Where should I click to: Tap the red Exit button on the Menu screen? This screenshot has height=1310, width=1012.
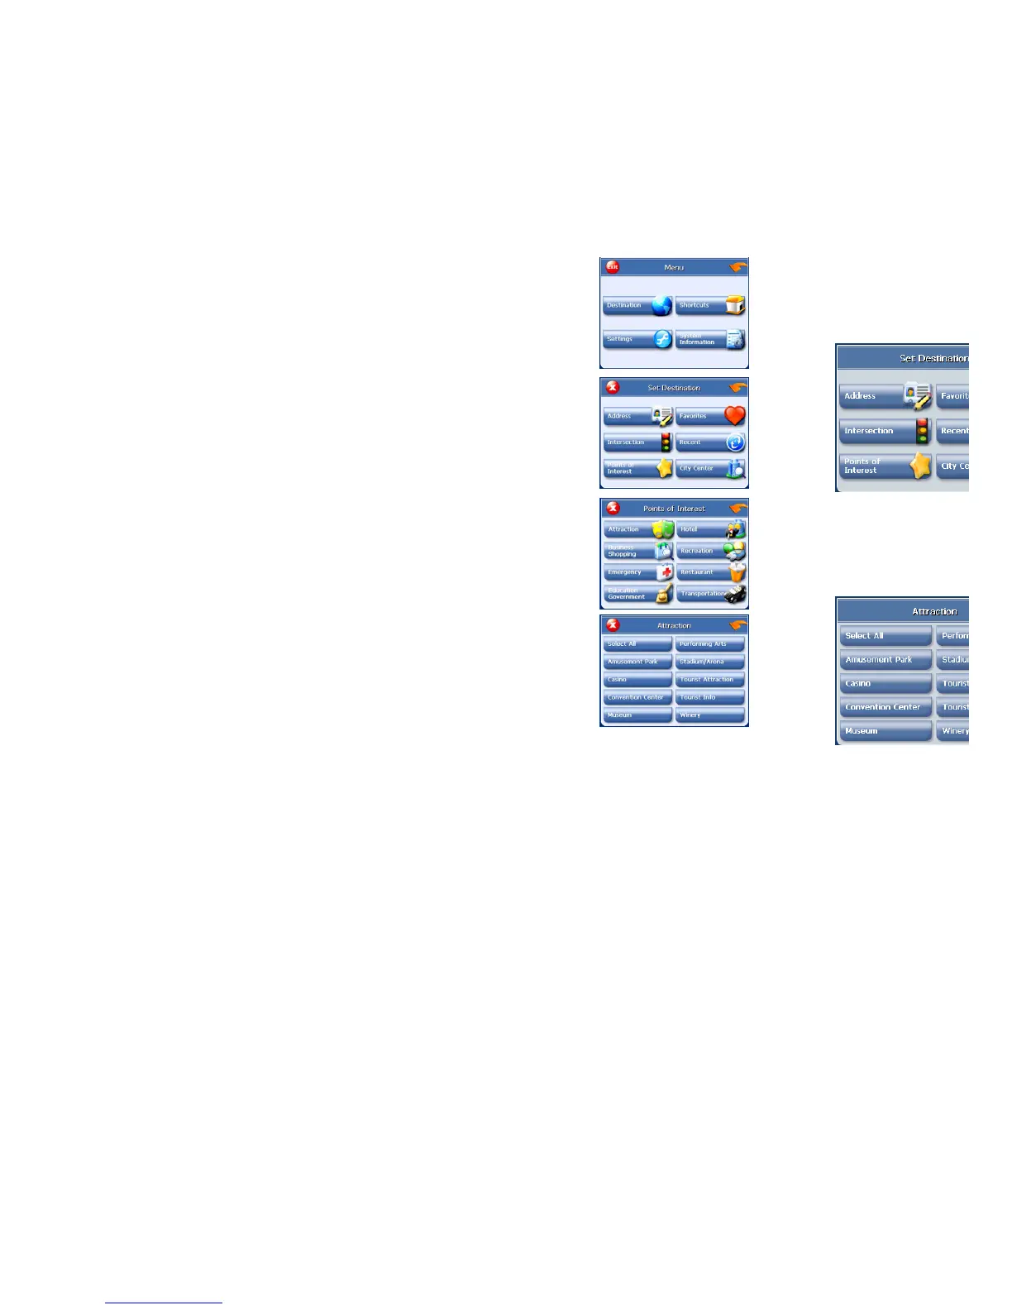coord(612,267)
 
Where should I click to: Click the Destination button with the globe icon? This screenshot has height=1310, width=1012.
coord(637,306)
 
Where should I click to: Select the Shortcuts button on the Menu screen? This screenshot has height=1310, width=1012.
coord(710,306)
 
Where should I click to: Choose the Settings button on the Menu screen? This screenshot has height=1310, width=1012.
coord(637,339)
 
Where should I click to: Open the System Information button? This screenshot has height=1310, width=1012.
coord(710,339)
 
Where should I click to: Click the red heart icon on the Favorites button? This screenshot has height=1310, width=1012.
coord(734,416)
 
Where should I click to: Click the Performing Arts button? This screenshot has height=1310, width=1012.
coord(710,644)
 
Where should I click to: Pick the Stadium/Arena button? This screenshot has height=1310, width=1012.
coord(710,662)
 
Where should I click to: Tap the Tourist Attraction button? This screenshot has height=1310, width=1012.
coord(710,680)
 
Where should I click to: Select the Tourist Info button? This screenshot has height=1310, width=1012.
coord(710,697)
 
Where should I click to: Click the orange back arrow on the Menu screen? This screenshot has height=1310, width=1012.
coord(738,267)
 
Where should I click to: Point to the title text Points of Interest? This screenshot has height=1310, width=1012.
coord(674,509)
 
